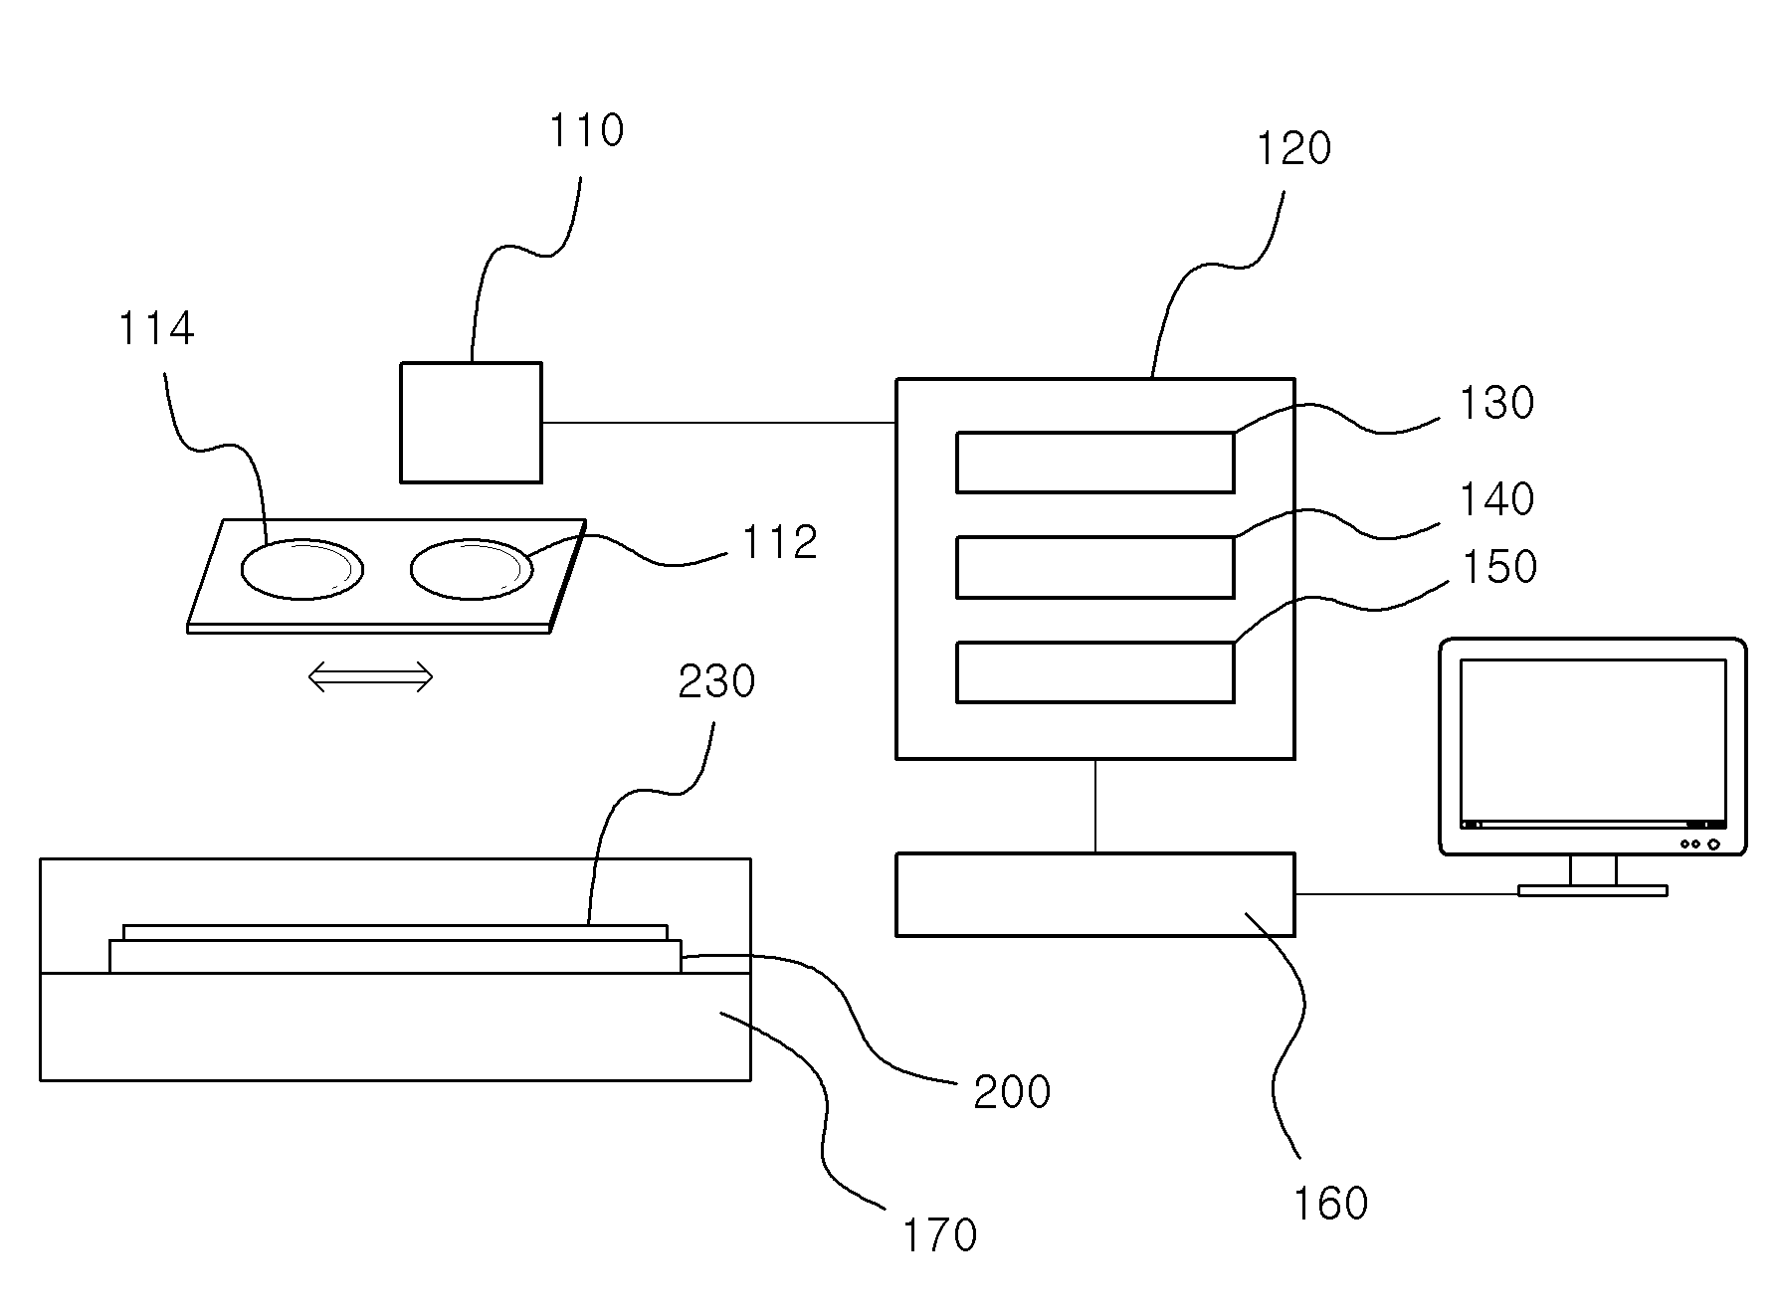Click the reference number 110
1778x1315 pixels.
587,130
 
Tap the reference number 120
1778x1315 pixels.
1293,148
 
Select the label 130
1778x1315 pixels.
1496,403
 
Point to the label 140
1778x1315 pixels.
1496,498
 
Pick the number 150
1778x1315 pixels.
1499,566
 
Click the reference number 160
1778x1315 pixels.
1330,1204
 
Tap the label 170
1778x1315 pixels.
940,1235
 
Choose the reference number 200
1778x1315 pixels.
1012,1092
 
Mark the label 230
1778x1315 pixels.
716,682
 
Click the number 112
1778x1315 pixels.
780,542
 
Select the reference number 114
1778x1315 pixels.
156,328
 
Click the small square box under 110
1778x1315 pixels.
472,423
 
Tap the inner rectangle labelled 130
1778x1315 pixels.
1095,463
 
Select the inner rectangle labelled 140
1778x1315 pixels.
1095,567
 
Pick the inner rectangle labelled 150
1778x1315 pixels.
1095,672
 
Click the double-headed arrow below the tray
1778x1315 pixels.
370,678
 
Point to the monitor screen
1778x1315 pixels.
1592,742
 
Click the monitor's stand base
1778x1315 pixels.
1592,890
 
